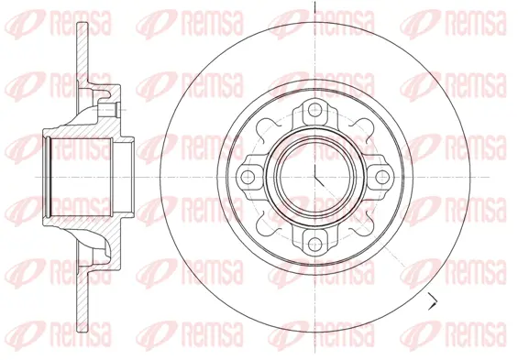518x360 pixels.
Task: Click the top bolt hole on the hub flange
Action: pos(315,109)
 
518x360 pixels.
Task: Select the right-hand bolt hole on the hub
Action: pos(382,177)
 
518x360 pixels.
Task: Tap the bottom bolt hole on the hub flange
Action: pos(315,245)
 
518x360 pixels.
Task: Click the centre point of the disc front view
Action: pos(315,177)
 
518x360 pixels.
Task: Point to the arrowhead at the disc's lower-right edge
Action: pos(433,300)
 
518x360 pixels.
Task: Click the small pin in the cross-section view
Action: pos(109,109)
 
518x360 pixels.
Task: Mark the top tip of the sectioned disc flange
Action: pos(83,23)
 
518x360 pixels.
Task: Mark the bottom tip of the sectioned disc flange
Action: pos(83,331)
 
